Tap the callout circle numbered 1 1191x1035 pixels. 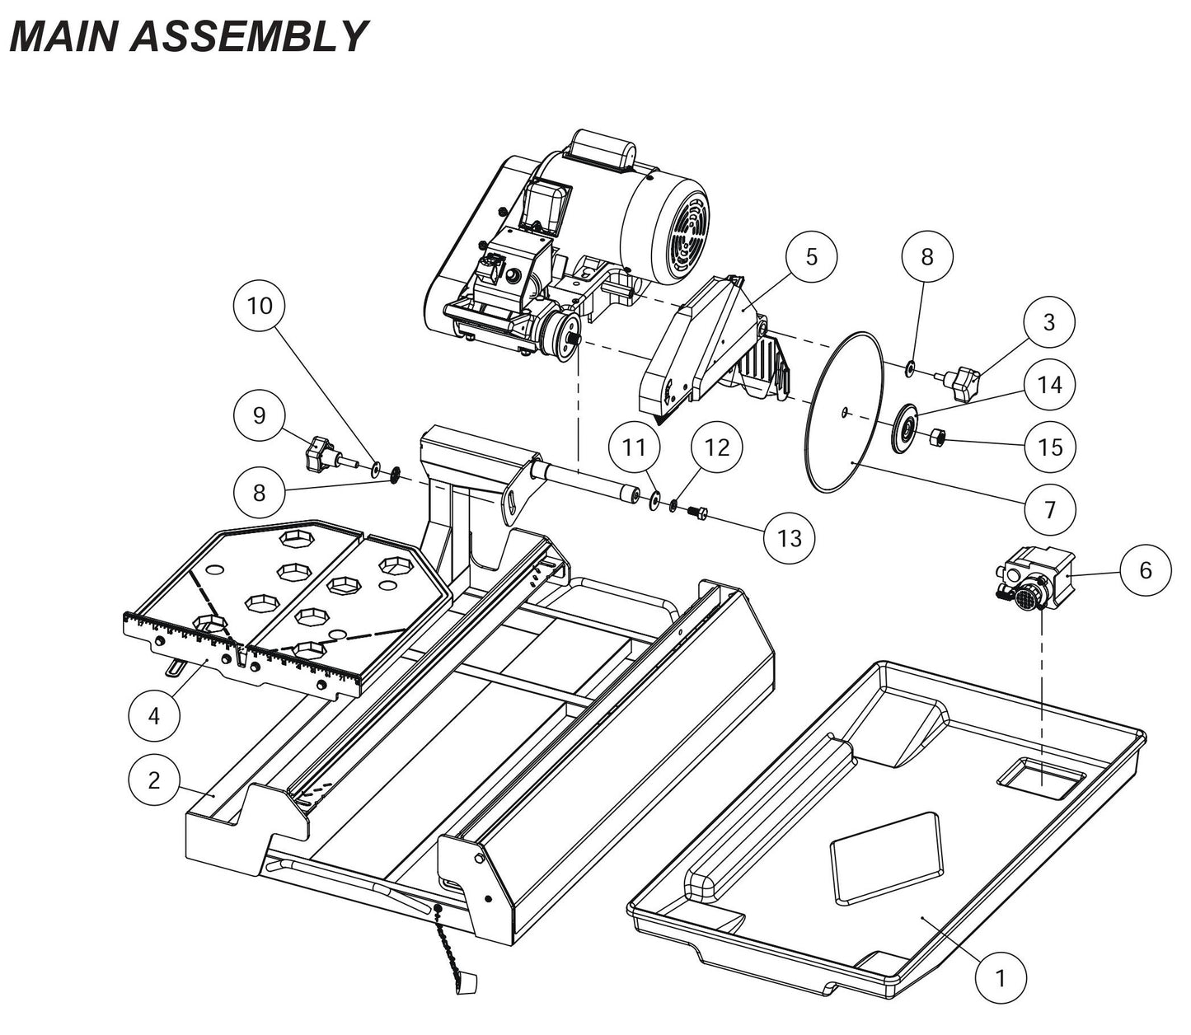pyautogui.click(x=1001, y=978)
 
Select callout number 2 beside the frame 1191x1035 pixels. pyautogui.click(x=155, y=780)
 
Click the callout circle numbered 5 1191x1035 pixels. pyautogui.click(x=811, y=256)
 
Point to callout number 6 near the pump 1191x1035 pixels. pyautogui.click(x=1145, y=569)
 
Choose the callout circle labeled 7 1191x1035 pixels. pyautogui.click(x=1049, y=510)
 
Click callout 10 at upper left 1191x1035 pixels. pyautogui.click(x=260, y=306)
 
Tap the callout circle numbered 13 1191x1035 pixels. pyautogui.click(x=789, y=538)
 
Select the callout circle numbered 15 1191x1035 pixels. pyautogui.click(x=1050, y=447)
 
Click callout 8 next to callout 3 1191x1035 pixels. pyautogui.click(x=927, y=256)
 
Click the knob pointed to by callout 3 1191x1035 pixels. pyautogui.click(x=965, y=383)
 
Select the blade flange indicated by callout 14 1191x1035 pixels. pyautogui.click(x=906, y=429)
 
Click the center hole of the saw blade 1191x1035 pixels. pyautogui.click(x=844, y=411)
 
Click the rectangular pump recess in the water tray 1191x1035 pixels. pyautogui.click(x=1040, y=776)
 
